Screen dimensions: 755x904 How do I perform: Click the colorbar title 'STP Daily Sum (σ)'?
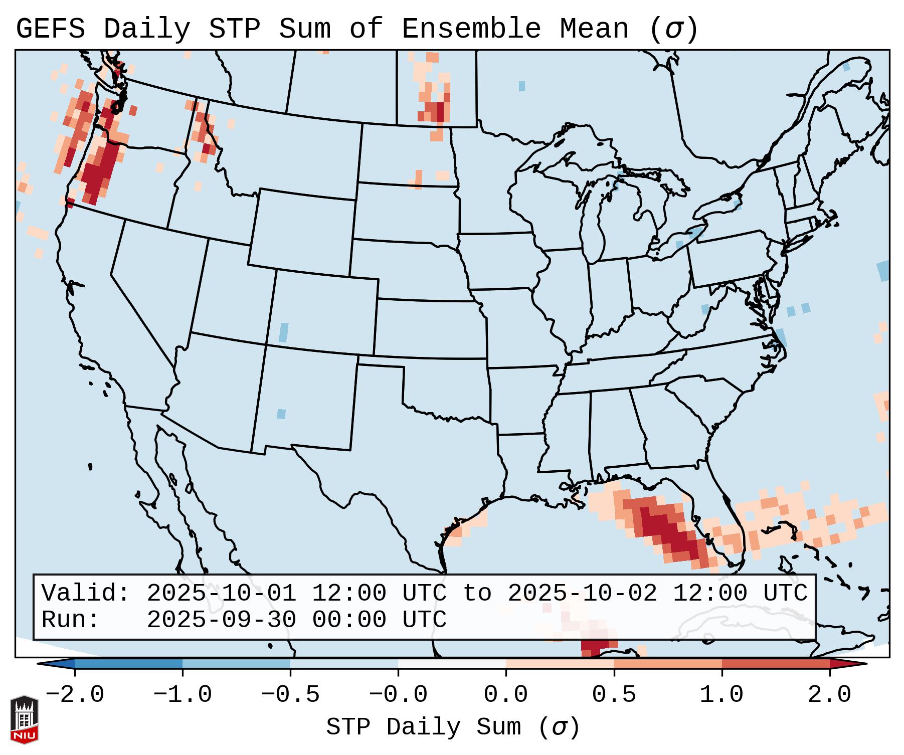tap(453, 727)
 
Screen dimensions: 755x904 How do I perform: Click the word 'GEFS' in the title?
tap(50, 29)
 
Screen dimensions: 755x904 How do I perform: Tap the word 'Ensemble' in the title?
tap(471, 29)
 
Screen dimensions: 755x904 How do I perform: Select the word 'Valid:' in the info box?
tap(86, 594)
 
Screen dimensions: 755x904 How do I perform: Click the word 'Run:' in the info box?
tap(71, 620)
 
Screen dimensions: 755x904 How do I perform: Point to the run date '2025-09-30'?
tap(221, 620)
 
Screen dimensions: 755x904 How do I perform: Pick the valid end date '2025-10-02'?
tap(582, 594)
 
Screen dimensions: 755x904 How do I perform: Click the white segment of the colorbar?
tap(452, 664)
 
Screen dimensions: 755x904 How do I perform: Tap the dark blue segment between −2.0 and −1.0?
tap(128, 664)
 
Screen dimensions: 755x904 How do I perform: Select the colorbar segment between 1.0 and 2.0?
tap(776, 664)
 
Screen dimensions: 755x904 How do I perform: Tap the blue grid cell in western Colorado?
tap(283, 332)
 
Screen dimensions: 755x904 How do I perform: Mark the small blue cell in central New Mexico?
tap(281, 414)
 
